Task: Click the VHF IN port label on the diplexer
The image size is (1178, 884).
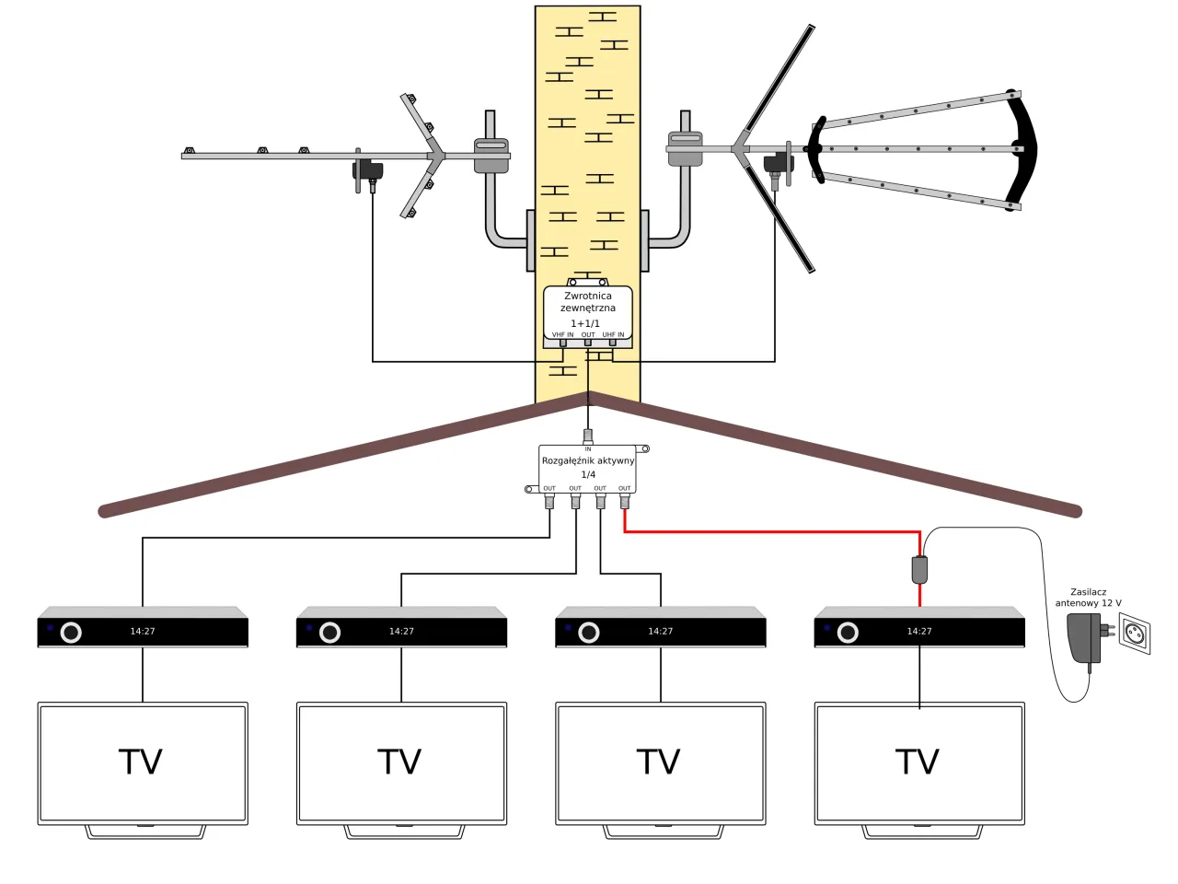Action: tap(562, 335)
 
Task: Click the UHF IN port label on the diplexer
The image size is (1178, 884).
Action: tap(613, 335)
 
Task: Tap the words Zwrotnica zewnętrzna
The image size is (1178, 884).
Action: tap(588, 302)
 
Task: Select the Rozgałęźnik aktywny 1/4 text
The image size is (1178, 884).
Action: tap(588, 467)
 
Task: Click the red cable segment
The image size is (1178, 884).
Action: tap(773, 531)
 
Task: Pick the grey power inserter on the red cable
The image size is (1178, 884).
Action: tap(919, 569)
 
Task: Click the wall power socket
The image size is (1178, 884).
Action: tap(1135, 634)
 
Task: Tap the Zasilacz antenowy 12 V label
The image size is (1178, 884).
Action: tap(1088, 598)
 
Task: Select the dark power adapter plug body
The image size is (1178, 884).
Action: tap(1085, 637)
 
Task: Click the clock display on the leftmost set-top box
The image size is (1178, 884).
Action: tap(143, 632)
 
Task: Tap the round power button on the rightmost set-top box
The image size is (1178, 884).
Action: tap(848, 633)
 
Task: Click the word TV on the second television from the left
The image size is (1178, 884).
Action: tap(399, 762)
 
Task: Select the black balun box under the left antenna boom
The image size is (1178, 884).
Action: tap(369, 170)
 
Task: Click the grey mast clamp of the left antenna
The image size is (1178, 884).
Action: tap(491, 155)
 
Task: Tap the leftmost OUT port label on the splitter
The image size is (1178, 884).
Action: tap(549, 489)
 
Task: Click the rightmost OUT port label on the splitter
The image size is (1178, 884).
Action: tap(625, 489)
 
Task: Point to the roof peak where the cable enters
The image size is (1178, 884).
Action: tap(589, 396)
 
